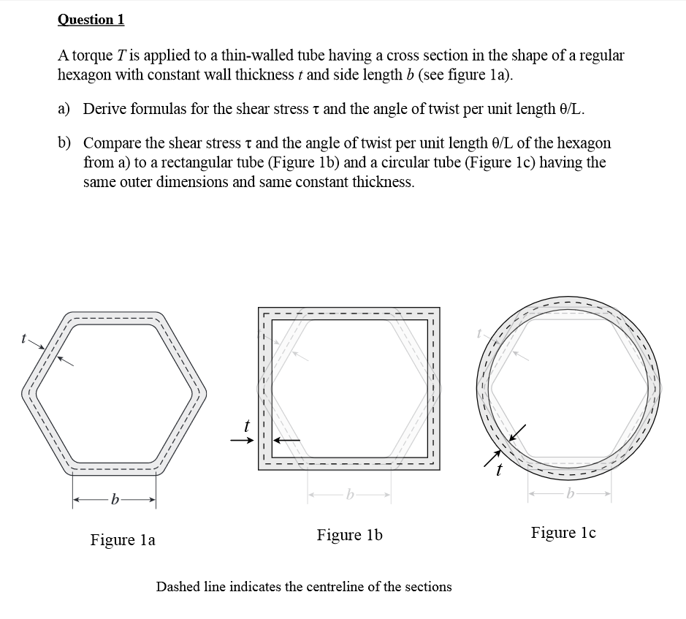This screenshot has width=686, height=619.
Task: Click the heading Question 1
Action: [x=91, y=19]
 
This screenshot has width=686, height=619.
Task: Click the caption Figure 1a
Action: [x=122, y=540]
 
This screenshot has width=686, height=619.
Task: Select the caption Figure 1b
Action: [x=349, y=535]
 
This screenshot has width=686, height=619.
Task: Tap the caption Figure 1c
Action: [x=563, y=533]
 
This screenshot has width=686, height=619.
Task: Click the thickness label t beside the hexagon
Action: [x=24, y=338]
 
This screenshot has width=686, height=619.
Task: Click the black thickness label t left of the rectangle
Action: [x=247, y=423]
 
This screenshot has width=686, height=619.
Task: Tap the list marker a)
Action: [x=64, y=109]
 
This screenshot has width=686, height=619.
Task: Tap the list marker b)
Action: [x=64, y=143]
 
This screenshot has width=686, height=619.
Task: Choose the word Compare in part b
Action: [x=112, y=143]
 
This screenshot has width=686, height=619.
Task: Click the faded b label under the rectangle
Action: [x=351, y=495]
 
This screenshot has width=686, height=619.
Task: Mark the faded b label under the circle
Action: [x=570, y=495]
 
